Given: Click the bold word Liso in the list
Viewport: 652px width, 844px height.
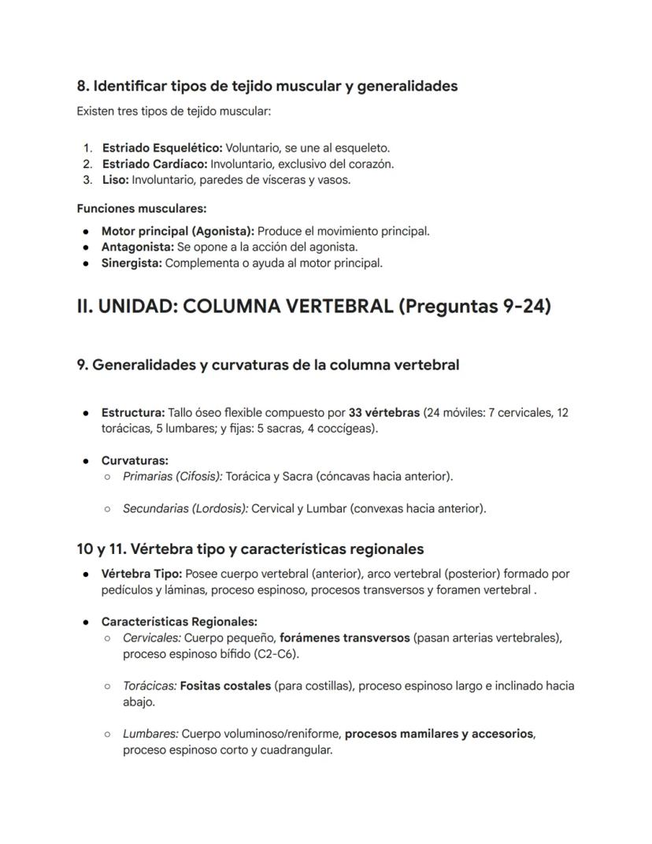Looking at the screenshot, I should (115, 180).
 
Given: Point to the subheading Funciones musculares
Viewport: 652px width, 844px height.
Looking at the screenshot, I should (141, 209).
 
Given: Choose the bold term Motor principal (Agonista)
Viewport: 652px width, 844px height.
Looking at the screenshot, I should (177, 231).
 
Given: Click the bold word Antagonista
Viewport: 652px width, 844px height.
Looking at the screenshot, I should (137, 247).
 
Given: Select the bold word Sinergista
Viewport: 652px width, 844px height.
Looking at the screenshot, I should (132, 263).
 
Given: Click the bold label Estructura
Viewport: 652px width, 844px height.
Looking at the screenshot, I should (132, 413).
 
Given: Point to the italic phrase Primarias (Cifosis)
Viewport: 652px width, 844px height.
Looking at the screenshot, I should (172, 477).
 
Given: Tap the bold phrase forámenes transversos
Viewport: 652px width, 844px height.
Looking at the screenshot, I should (344, 638).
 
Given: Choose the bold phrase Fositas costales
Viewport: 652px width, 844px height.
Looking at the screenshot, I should (225, 686).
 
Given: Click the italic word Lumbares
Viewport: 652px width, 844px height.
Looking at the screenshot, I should (150, 734).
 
